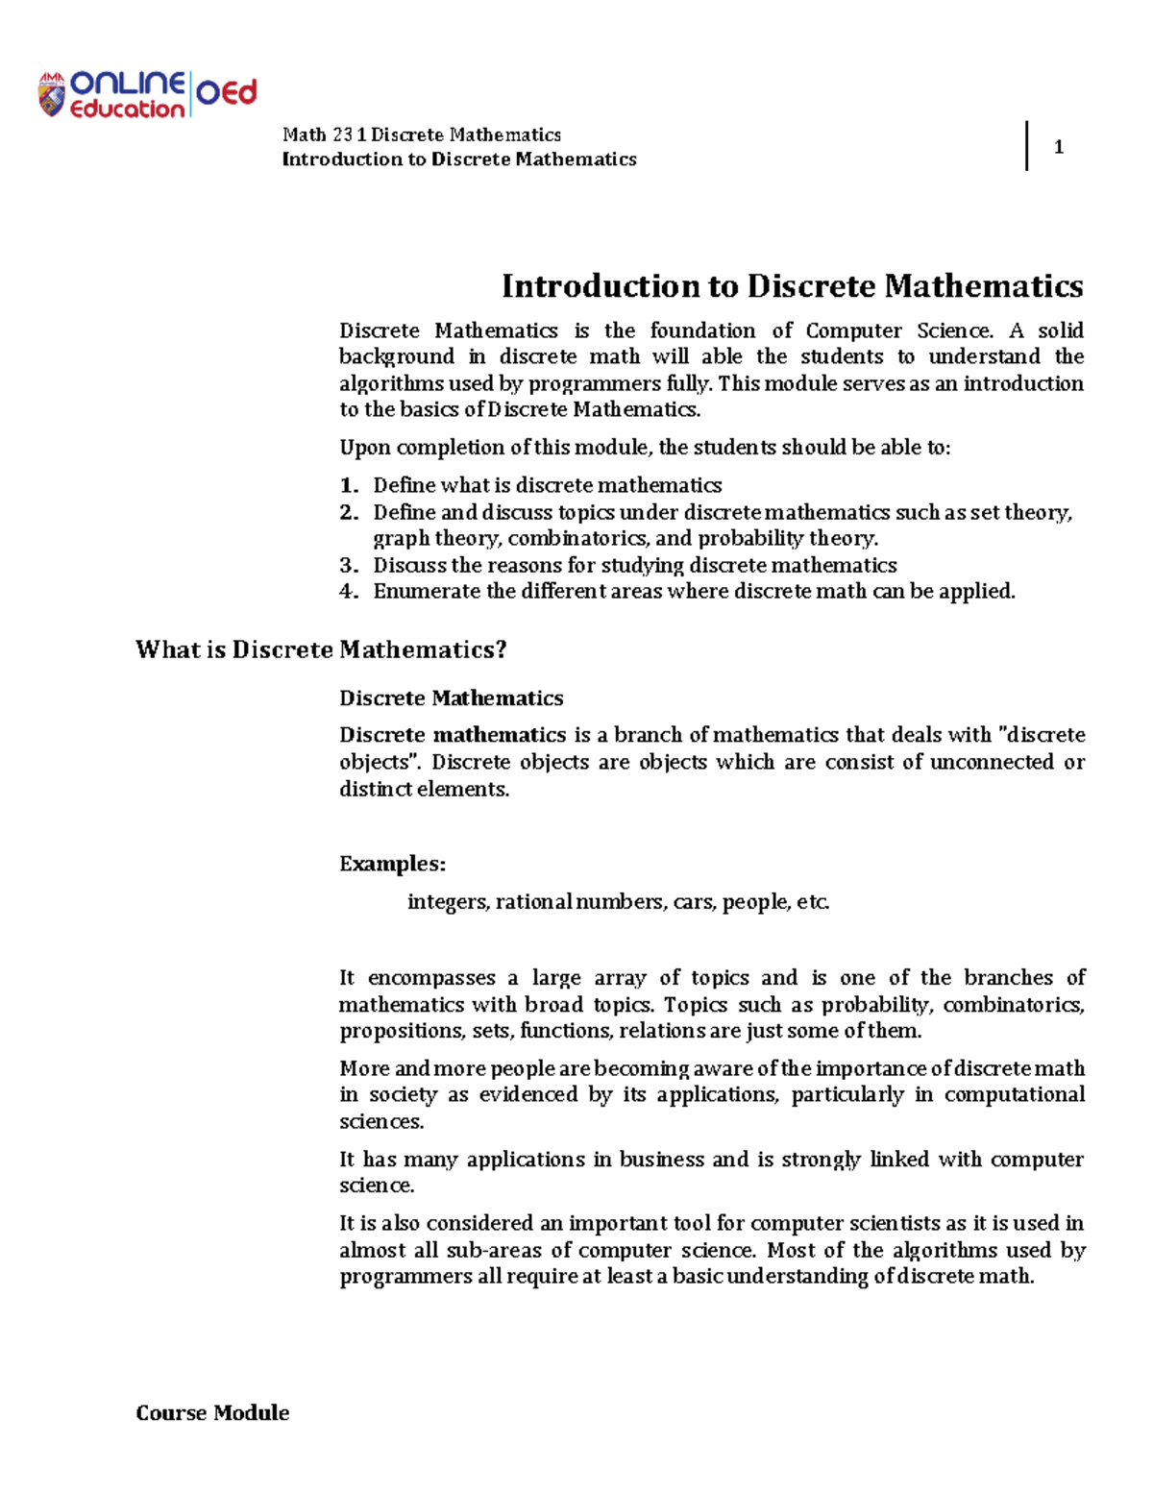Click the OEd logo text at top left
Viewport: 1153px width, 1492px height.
point(227,93)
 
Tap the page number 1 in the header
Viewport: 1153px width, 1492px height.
point(1058,147)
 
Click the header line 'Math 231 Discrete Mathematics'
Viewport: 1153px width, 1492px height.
point(421,135)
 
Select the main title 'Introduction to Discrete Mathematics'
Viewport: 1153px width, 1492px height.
point(792,286)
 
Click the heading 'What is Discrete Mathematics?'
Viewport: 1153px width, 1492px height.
point(321,650)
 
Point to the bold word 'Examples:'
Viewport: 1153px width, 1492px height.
point(392,864)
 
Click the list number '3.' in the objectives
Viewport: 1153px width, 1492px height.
point(349,565)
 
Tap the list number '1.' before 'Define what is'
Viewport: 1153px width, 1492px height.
point(349,485)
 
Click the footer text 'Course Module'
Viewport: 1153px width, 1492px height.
point(212,1412)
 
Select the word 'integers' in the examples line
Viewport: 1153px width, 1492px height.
point(448,902)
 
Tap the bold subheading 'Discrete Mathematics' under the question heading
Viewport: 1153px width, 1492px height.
point(451,698)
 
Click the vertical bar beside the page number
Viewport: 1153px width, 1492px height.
point(1027,146)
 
